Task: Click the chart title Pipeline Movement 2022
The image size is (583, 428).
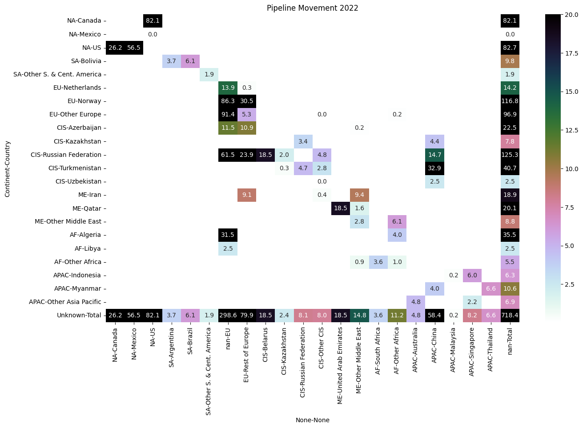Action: coord(312,8)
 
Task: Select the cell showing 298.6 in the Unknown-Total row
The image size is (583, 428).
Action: coord(228,315)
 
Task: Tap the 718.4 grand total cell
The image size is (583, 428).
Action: coord(510,315)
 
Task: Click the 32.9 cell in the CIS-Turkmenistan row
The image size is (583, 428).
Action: coord(434,168)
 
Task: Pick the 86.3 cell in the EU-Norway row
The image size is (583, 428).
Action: coord(228,101)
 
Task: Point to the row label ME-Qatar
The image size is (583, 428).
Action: coord(87,208)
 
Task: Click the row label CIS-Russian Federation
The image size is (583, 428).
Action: coord(66,155)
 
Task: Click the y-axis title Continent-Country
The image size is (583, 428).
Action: coord(7,169)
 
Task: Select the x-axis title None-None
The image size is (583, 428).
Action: coord(312,420)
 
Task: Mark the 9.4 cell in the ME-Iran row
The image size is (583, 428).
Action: coord(359,195)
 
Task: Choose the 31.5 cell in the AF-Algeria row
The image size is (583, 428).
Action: coord(228,235)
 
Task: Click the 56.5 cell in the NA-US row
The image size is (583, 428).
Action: coord(134,48)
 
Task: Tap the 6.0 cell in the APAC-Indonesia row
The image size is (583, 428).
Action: coord(472,275)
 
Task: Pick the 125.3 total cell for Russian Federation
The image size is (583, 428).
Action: coord(510,155)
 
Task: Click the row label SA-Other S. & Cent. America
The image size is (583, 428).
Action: coord(57,74)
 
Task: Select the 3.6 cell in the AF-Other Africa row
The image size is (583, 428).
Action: coord(378,262)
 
